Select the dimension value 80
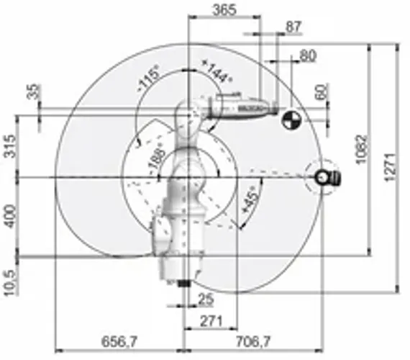pos(308,55)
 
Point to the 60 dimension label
pos(321,92)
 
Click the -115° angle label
pos(150,78)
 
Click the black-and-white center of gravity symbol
pos(291,120)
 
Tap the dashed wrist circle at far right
pos(322,176)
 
